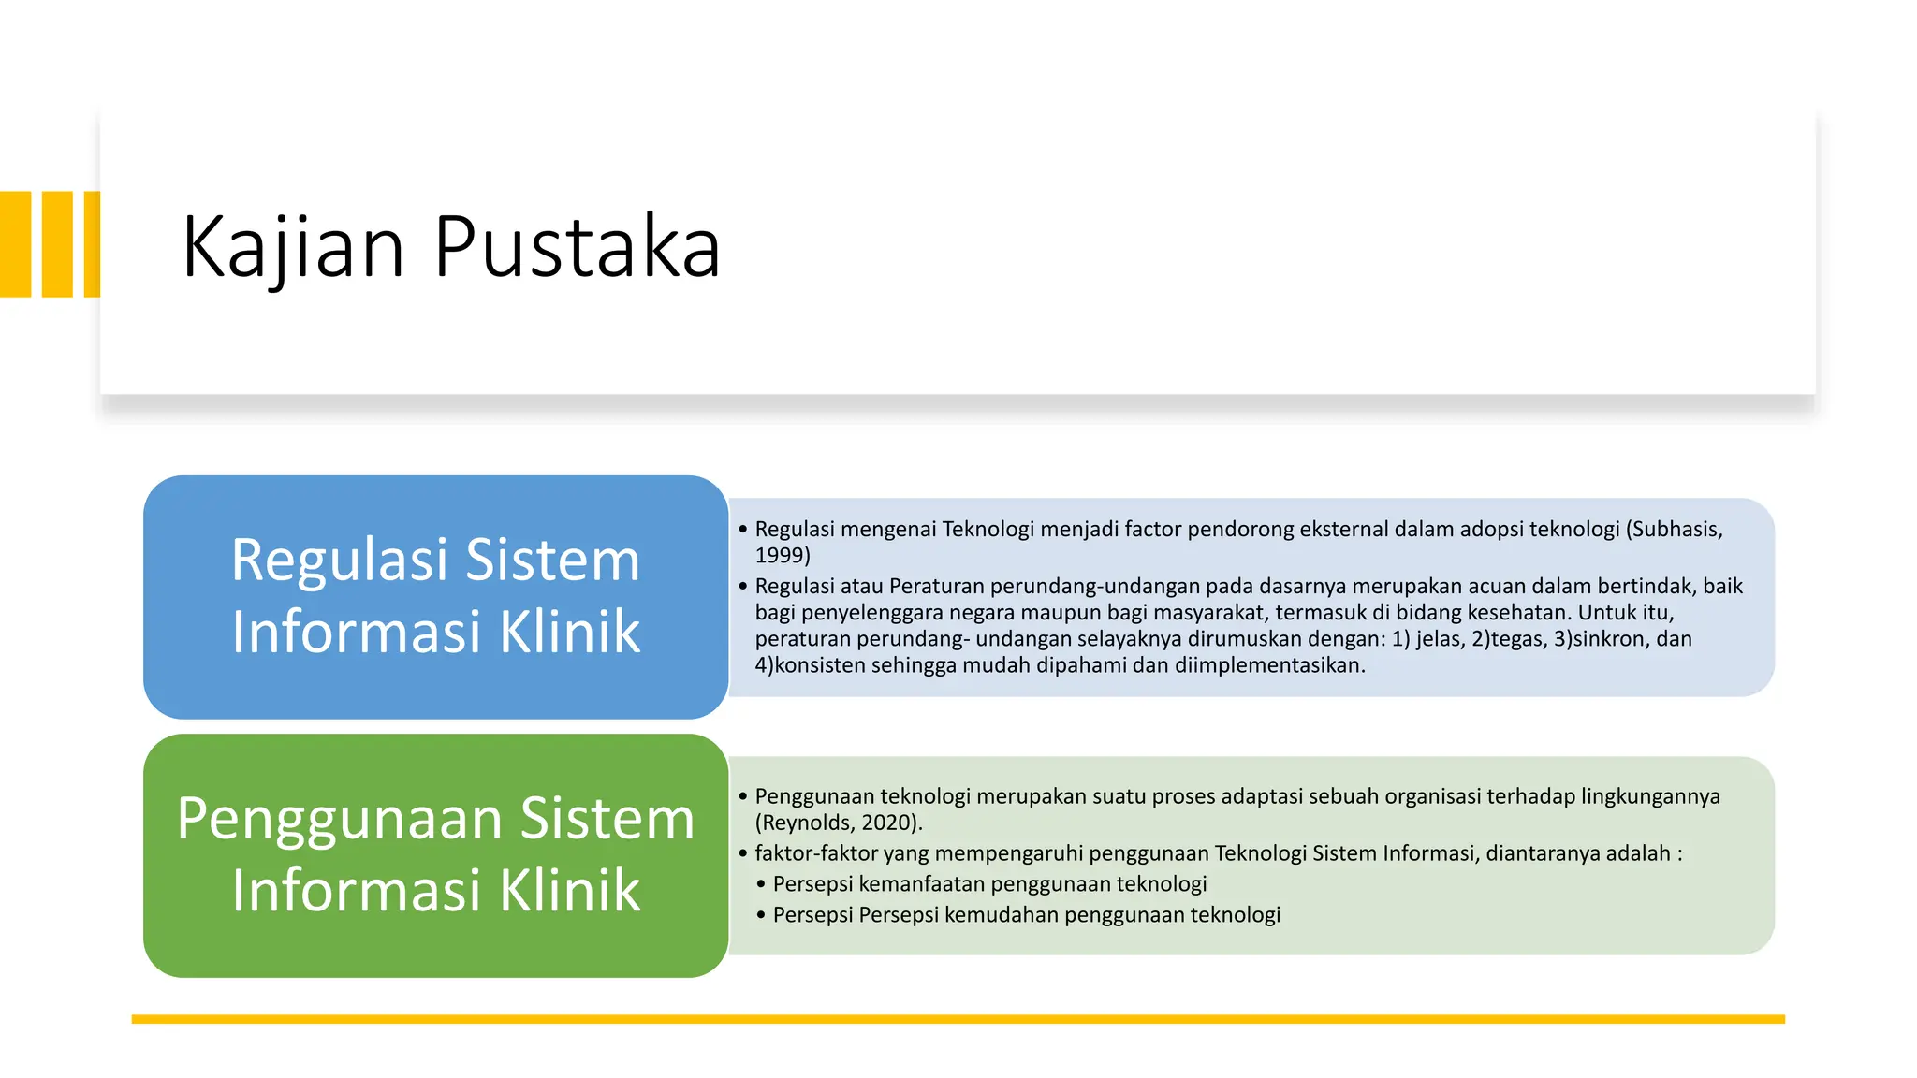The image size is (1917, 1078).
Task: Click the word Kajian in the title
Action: tap(293, 248)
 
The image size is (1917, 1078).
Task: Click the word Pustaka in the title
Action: tap(577, 248)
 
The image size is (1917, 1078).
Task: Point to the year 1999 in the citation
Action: tap(779, 556)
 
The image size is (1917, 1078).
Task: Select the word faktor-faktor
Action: tap(816, 853)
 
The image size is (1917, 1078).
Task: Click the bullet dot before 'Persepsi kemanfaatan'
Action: tap(762, 884)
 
